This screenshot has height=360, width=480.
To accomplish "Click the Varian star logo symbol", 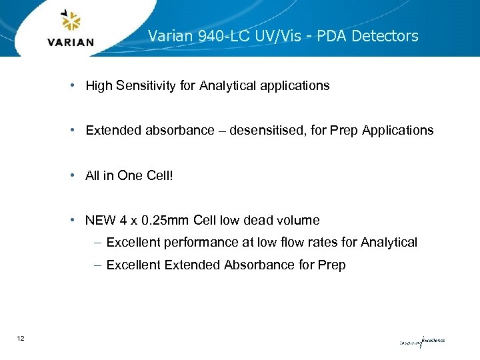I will click(70, 21).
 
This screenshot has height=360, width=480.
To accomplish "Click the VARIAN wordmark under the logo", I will click(71, 43).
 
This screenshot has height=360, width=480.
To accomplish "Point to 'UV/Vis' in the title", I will click(271, 36).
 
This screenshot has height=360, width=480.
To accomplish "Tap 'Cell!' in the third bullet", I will click(159, 175).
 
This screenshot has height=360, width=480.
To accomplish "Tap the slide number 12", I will click(21, 339).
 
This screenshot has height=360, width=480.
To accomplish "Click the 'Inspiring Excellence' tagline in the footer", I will click(421, 341).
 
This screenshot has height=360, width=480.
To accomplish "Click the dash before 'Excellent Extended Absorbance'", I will click(97, 265).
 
